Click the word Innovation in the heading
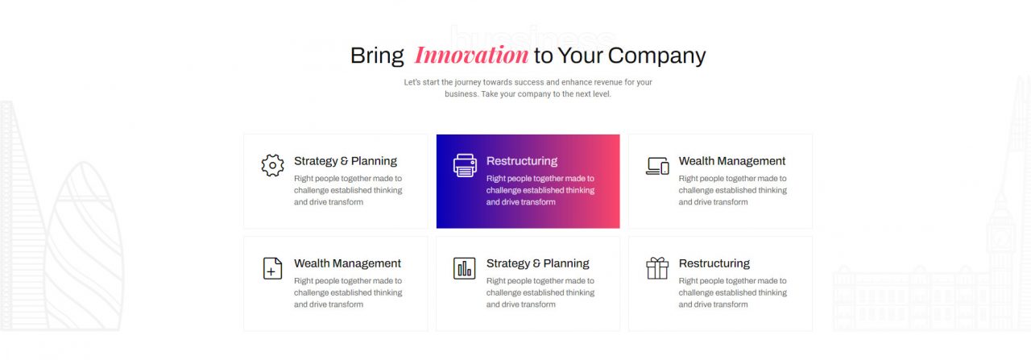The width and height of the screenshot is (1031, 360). pyautogui.click(x=471, y=56)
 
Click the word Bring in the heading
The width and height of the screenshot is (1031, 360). pyautogui.click(x=377, y=56)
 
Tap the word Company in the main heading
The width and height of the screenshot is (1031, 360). pyautogui.click(x=656, y=56)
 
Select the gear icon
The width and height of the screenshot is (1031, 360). pyautogui.click(x=272, y=165)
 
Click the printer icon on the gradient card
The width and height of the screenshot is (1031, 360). pyautogui.click(x=465, y=165)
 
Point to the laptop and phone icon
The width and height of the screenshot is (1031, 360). pyautogui.click(x=657, y=166)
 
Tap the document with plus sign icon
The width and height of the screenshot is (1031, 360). pyautogui.click(x=272, y=268)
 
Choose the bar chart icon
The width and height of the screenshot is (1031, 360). pyautogui.click(x=465, y=268)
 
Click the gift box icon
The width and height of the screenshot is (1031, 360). pyautogui.click(x=657, y=268)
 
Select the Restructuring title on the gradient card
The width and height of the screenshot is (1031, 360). pyautogui.click(x=522, y=161)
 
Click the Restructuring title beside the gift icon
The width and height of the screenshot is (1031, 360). pyautogui.click(x=714, y=263)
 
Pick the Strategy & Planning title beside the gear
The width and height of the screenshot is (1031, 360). pyautogui.click(x=346, y=161)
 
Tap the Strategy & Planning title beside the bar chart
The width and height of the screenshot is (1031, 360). pyautogui.click(x=537, y=263)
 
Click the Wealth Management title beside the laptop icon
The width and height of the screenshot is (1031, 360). pyautogui.click(x=732, y=161)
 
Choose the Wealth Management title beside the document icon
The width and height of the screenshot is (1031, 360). pyautogui.click(x=347, y=263)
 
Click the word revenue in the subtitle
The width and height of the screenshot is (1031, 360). pyautogui.click(x=607, y=82)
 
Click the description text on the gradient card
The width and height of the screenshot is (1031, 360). pyautogui.click(x=540, y=190)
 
